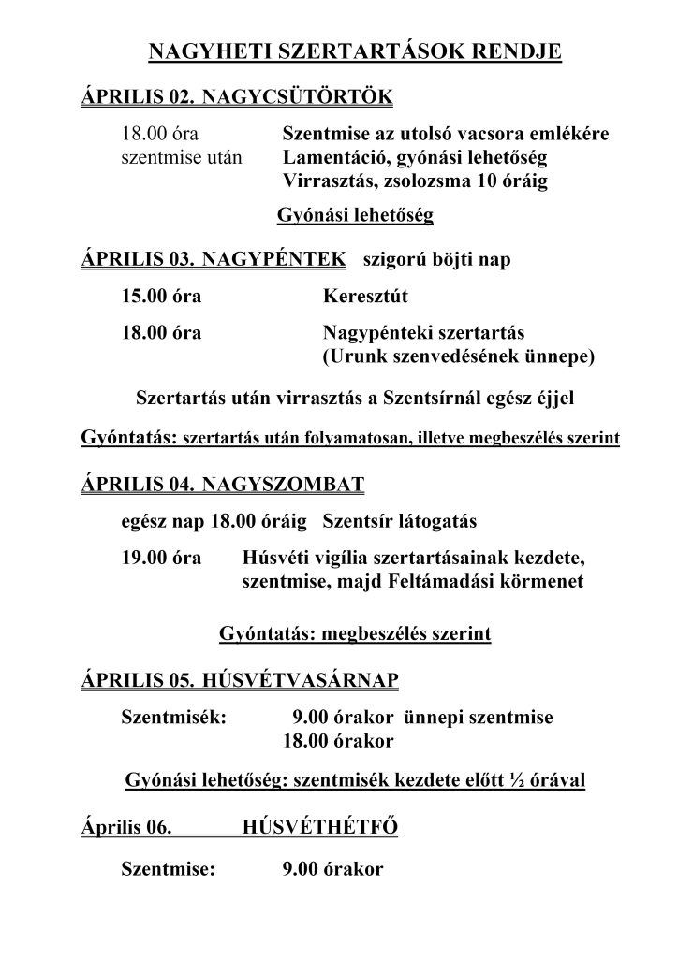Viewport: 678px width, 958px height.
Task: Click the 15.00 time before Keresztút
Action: click(141, 298)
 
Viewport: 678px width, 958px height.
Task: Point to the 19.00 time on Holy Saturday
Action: click(141, 559)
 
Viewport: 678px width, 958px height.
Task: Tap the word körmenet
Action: click(547, 581)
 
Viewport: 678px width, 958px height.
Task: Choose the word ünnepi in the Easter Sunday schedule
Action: click(432, 718)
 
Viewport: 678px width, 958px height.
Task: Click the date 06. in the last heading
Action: click(159, 827)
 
